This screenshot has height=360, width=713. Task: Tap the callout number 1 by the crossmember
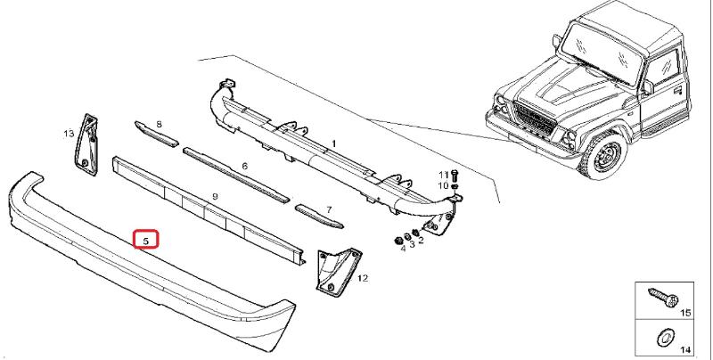333,143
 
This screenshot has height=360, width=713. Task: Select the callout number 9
215,196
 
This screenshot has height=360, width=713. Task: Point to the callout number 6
244,167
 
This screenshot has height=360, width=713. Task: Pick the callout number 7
328,209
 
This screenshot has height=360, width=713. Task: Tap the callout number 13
68,134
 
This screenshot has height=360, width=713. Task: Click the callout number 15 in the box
684,315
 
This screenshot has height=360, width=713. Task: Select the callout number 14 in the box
684,351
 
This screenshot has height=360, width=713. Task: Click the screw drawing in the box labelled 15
660,297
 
